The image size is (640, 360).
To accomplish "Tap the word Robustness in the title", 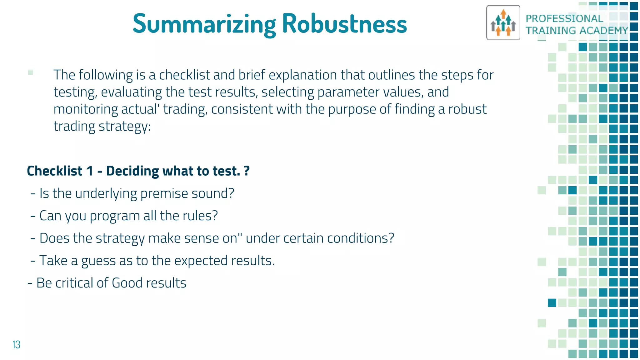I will click(x=344, y=24).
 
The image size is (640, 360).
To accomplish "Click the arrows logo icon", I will click(x=503, y=23).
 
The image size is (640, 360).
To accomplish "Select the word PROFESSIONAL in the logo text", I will click(x=564, y=19).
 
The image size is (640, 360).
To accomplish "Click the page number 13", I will click(x=16, y=345).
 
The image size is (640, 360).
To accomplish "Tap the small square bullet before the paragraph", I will click(x=31, y=72).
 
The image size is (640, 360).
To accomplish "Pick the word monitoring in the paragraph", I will click(x=85, y=109).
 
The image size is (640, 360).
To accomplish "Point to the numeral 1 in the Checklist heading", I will click(x=90, y=171).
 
